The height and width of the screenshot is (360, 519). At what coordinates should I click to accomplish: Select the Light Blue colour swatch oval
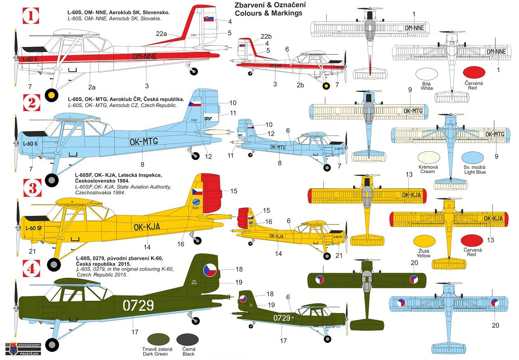(474, 158)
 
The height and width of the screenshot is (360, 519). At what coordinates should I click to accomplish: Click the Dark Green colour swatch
(161, 340)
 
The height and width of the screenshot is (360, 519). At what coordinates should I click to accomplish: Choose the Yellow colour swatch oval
(424, 242)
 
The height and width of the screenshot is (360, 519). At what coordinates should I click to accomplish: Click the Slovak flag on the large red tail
(209, 19)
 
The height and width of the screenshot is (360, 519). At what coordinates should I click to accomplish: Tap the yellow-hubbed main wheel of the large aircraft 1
(52, 95)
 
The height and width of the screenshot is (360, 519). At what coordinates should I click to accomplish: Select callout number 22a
(162, 33)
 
